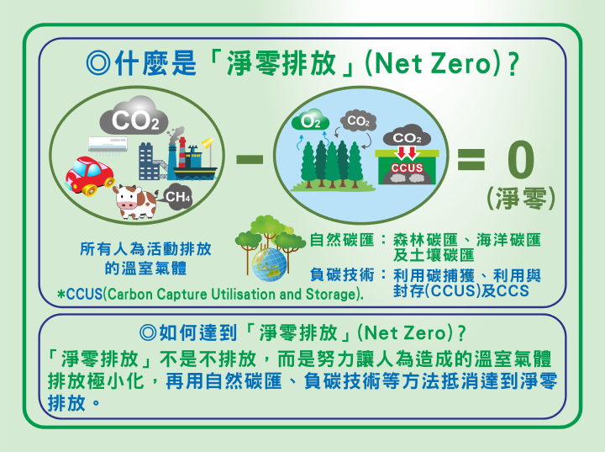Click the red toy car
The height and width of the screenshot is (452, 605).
[90, 176]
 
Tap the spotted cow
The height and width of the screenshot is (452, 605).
[135, 202]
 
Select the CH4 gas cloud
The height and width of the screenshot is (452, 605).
[178, 197]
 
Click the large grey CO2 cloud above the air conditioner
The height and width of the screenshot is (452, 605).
[134, 116]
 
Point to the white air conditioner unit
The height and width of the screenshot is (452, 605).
[108, 145]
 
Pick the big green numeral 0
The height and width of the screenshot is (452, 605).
[520, 159]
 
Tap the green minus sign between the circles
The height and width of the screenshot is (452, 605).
[250, 159]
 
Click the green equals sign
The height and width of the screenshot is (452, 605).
[471, 159]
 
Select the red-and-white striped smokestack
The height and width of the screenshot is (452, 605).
[181, 152]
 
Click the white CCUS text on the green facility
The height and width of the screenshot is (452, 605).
[407, 168]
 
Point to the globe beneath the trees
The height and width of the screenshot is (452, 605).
[270, 264]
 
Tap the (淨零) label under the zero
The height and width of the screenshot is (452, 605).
[520, 199]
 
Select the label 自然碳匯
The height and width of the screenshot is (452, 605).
[342, 240]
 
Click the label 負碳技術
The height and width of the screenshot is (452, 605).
[342, 275]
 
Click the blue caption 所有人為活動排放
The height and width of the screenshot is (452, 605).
[145, 249]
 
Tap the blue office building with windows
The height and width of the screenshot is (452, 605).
[149, 162]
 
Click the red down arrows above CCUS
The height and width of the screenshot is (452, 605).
[407, 152]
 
